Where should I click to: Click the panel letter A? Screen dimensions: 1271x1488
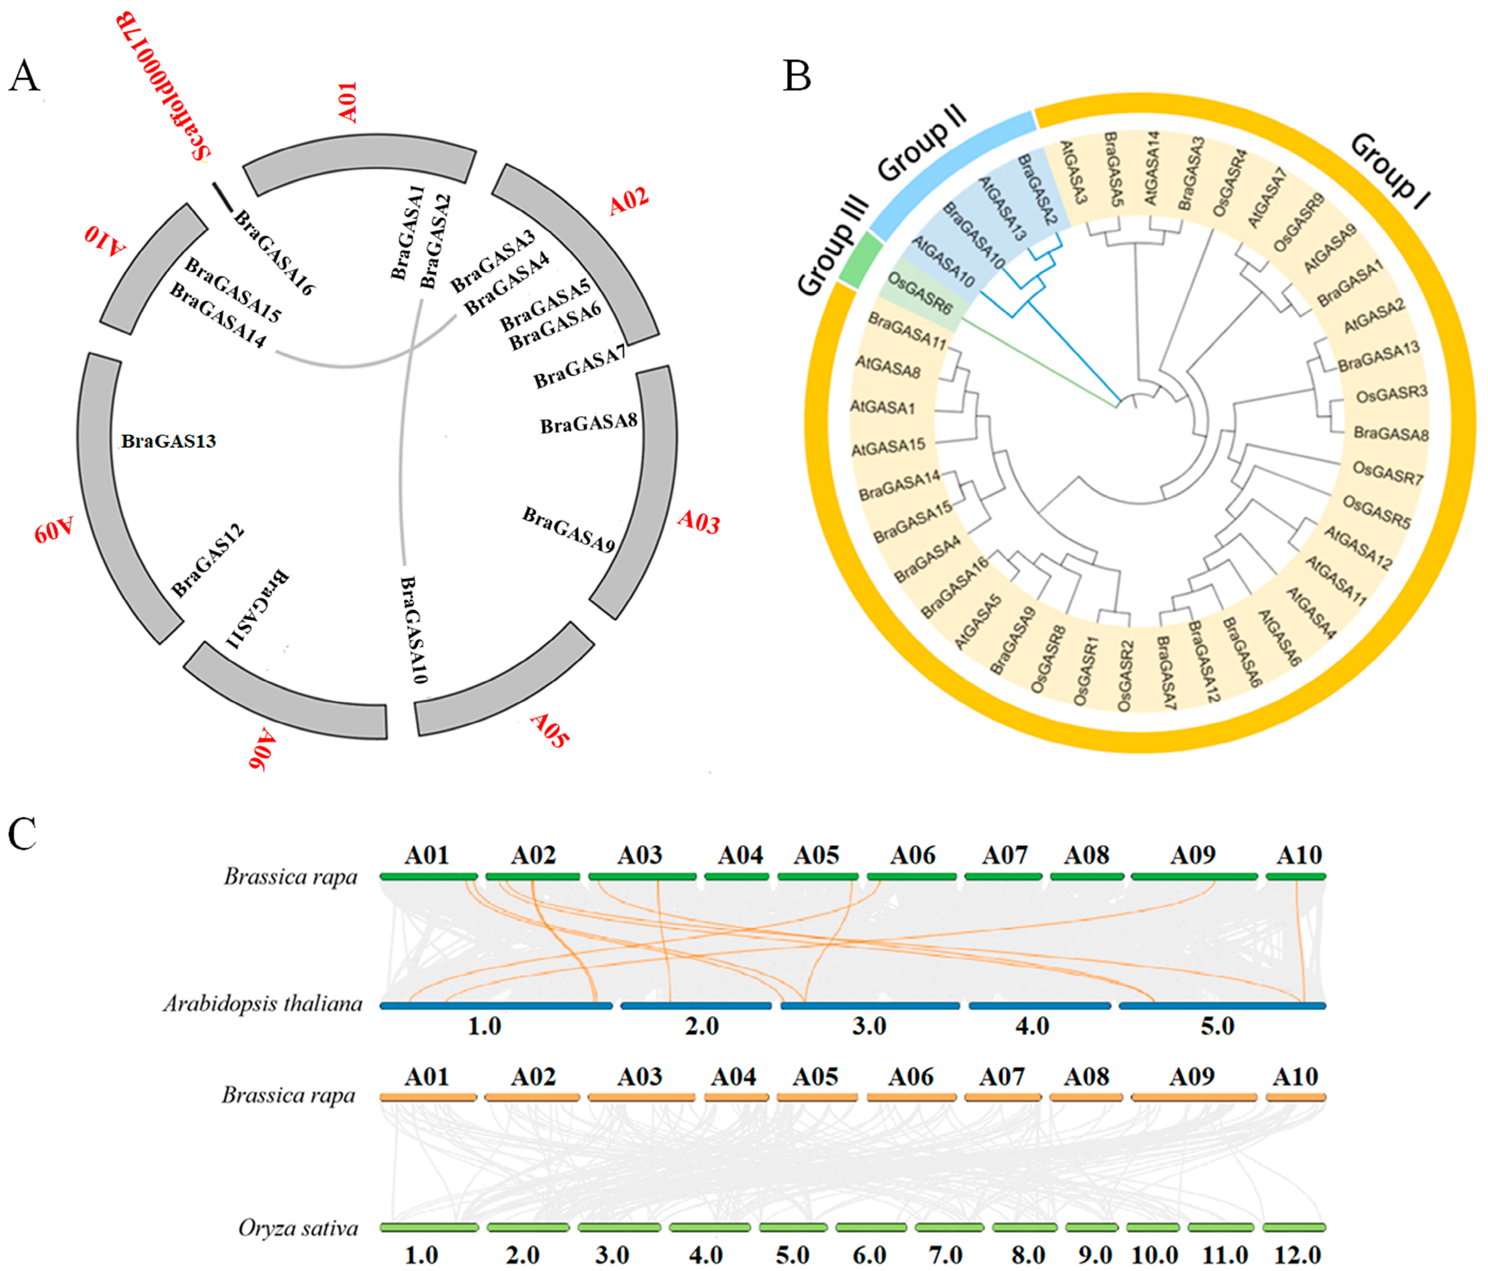(x=24, y=76)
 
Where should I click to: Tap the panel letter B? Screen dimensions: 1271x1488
(x=797, y=76)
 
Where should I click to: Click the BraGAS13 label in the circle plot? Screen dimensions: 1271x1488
(x=168, y=441)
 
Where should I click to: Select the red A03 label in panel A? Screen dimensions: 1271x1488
(x=698, y=522)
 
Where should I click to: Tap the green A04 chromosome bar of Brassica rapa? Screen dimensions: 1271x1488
(x=736, y=876)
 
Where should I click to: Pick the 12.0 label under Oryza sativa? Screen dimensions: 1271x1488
(x=1297, y=1255)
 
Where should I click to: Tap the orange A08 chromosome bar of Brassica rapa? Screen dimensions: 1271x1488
(x=1086, y=1097)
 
